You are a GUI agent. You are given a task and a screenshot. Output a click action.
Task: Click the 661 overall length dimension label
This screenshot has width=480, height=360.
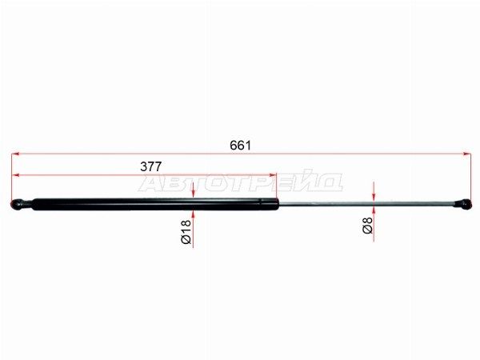tap(240, 146)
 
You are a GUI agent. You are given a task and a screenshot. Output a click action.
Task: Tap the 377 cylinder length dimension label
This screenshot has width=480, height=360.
tap(150, 166)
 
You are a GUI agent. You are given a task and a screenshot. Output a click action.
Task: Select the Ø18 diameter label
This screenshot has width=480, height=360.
tap(186, 232)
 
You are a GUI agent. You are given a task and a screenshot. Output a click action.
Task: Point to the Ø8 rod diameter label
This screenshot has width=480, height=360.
tap(367, 225)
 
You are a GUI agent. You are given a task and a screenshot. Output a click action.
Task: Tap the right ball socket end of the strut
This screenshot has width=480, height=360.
tap(462, 204)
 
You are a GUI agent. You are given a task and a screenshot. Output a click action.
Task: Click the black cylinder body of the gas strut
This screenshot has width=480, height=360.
tap(155, 204)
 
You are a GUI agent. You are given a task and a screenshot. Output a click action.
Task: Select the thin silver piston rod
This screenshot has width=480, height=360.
tap(366, 203)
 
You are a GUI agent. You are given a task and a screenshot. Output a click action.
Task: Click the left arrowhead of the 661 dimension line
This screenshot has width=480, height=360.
tap(15, 154)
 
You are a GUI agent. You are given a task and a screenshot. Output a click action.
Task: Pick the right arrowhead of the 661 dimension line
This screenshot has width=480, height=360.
tap(467, 154)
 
